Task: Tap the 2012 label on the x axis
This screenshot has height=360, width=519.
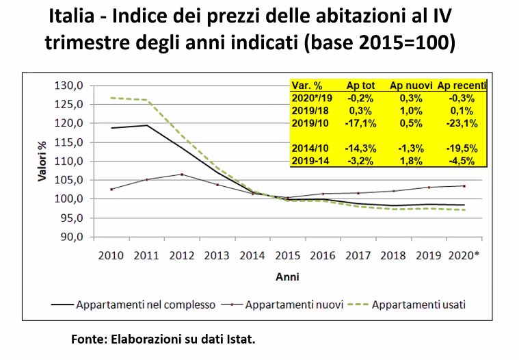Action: click(x=181, y=255)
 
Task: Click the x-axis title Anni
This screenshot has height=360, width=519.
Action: click(x=287, y=277)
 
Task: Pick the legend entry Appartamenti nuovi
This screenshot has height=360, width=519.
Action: click(x=294, y=304)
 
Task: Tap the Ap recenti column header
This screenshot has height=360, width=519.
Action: click(x=462, y=86)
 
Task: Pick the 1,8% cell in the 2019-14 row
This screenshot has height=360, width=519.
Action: click(x=410, y=160)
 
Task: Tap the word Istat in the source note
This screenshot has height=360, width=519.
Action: click(x=237, y=339)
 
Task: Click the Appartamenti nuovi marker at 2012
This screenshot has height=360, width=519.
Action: click(x=181, y=174)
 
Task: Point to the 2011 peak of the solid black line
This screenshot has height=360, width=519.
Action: click(x=146, y=125)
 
